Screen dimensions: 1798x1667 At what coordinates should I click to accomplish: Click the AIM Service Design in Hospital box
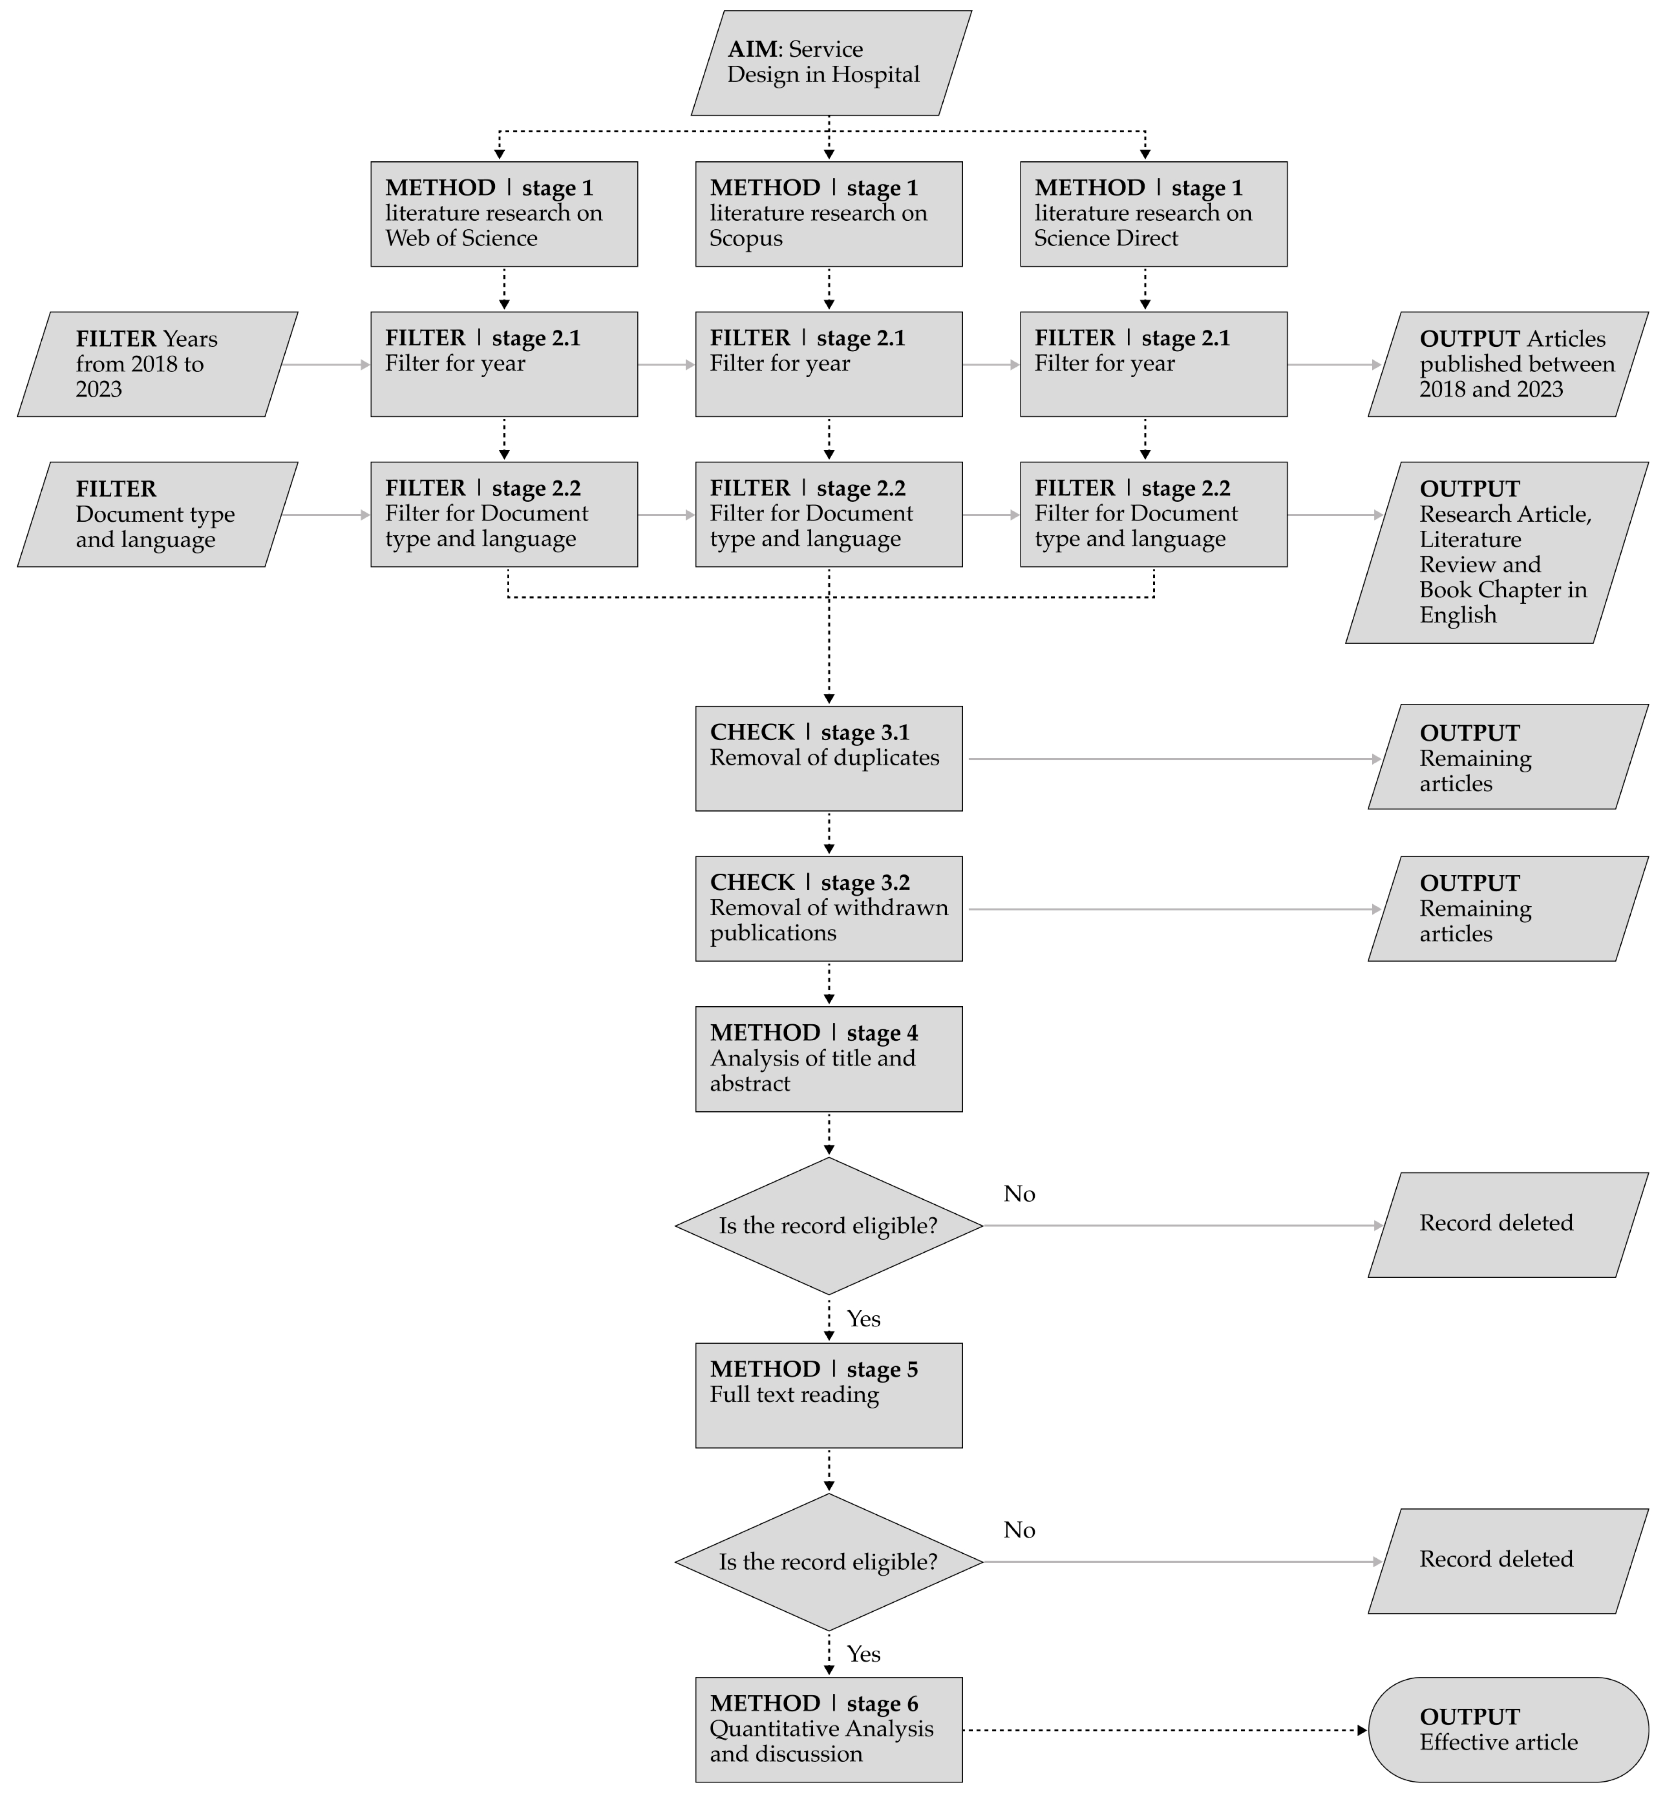click(830, 63)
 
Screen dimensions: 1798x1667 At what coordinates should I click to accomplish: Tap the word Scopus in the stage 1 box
click(746, 239)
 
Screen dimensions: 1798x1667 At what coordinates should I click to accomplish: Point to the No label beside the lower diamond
click(1019, 1530)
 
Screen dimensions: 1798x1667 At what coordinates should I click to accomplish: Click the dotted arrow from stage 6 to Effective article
click(1164, 1730)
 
